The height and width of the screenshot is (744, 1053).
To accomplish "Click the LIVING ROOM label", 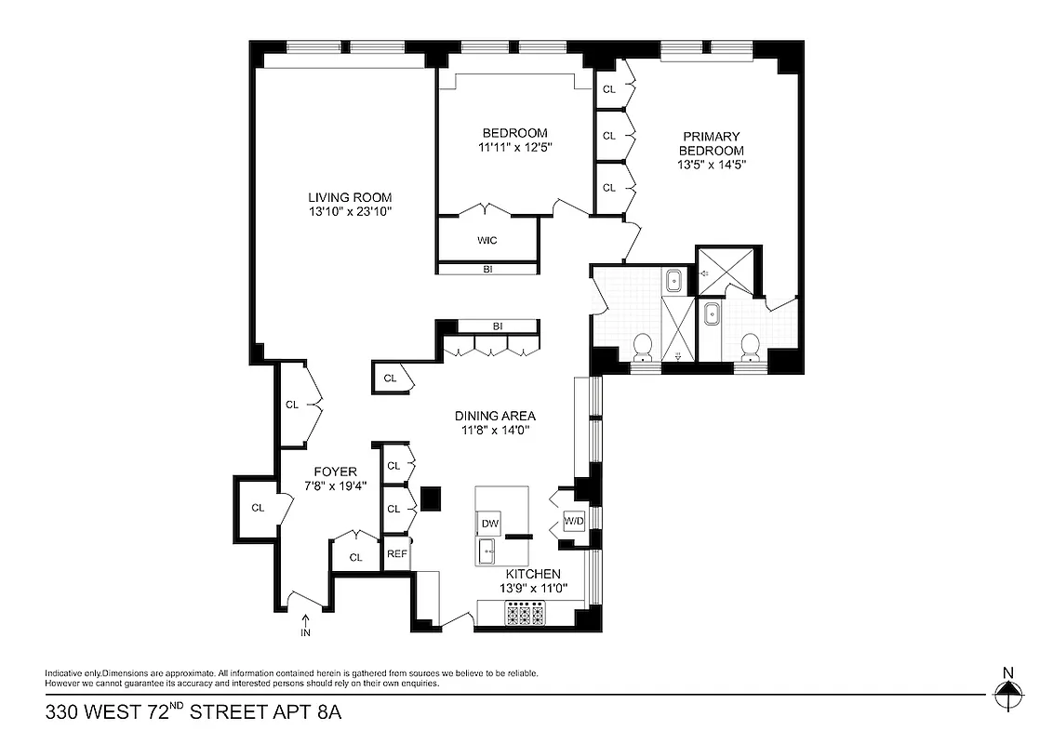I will [350, 197].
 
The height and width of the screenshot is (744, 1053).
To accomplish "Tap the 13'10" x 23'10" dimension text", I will [350, 212].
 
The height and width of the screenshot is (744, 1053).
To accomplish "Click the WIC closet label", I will [487, 240].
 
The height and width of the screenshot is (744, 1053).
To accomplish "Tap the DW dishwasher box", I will [489, 525].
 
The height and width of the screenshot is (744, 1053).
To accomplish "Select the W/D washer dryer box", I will [574, 522].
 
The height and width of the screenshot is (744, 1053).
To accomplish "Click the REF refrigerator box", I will [396, 553].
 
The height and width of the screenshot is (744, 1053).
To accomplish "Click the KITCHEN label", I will [533, 575].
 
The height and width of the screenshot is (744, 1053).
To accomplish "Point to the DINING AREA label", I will [495, 416].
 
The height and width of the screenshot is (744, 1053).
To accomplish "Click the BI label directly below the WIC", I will [487, 270].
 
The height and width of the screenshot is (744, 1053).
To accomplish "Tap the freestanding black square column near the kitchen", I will [430, 498].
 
